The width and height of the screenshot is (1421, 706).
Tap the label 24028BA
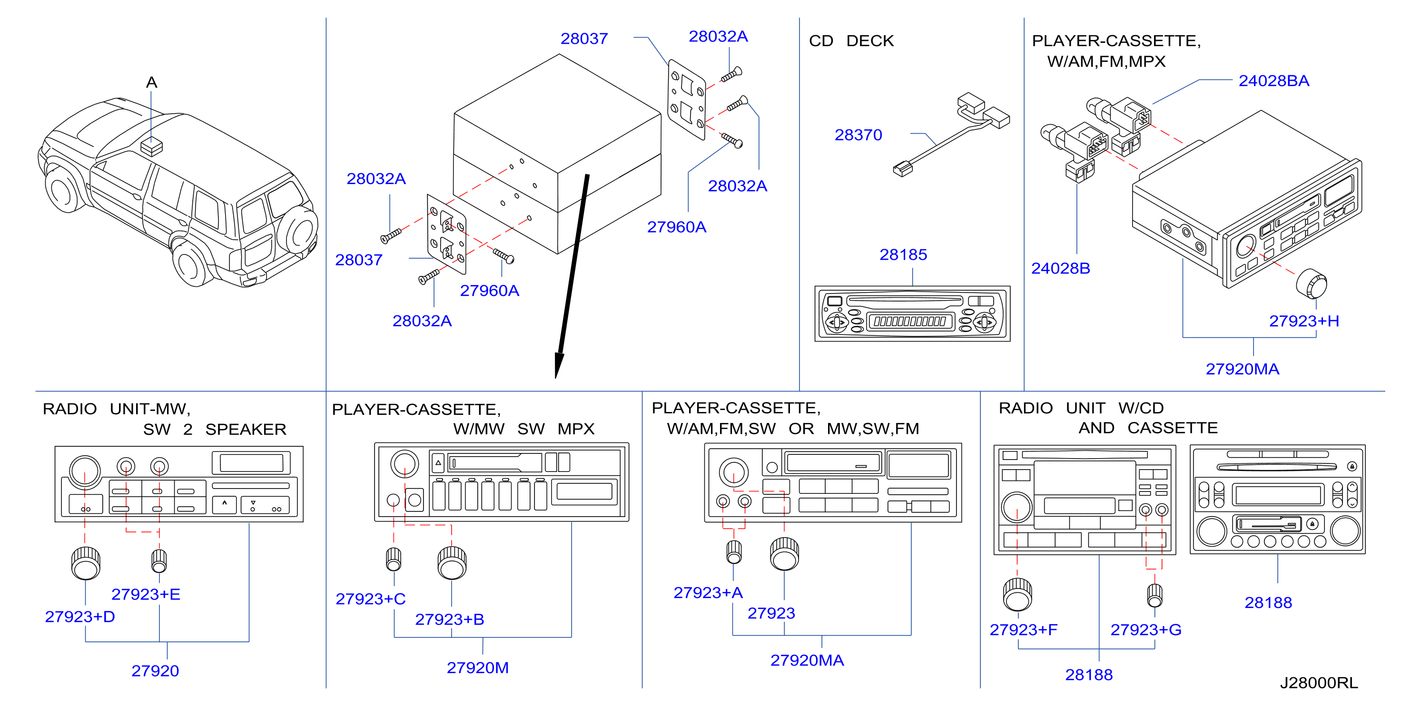pos(1274,80)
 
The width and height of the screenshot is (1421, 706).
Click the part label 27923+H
pos(1304,321)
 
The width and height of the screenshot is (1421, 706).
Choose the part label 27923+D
pos(80,616)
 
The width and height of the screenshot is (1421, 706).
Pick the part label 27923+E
pos(146,594)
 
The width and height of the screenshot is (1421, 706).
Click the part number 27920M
pos(478,667)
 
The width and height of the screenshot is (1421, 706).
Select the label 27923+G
pos(1146,629)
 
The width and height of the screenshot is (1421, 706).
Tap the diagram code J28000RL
pos(1319,683)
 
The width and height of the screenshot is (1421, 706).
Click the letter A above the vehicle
pos(152,83)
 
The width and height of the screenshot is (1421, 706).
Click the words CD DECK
pos(851,41)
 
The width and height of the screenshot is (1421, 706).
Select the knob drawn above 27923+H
pos(1312,284)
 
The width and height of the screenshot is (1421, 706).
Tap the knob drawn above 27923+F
pos(1018,594)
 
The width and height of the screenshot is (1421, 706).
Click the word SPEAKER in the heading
pos(246,429)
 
